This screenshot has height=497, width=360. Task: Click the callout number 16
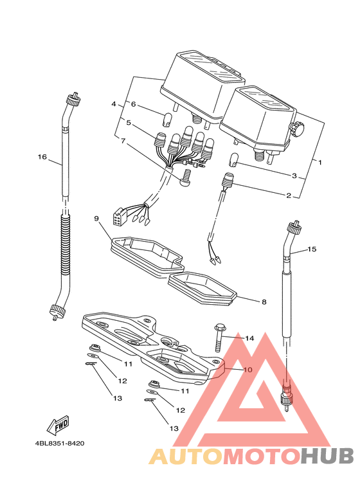(x=42, y=157)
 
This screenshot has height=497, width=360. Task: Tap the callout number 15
(x=312, y=249)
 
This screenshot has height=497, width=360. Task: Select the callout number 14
(x=249, y=339)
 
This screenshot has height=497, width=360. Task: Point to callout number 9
(x=96, y=219)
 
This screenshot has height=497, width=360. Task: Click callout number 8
(x=264, y=302)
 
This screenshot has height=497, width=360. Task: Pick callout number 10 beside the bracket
(x=248, y=370)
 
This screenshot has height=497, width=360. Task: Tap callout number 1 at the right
(x=320, y=162)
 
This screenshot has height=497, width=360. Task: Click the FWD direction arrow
(x=58, y=425)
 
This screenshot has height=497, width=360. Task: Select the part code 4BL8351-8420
(x=60, y=443)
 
